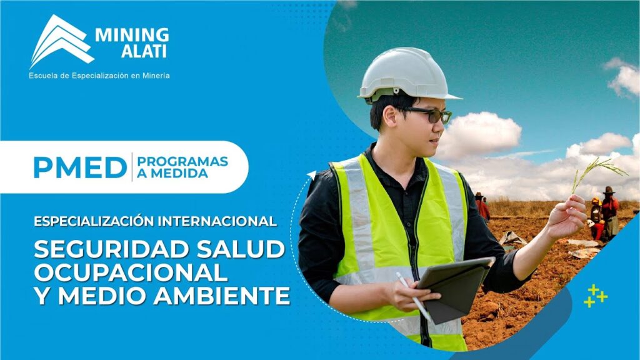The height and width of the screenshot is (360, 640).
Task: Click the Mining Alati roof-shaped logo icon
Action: point(61,41)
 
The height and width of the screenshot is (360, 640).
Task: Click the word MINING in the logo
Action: point(132,35)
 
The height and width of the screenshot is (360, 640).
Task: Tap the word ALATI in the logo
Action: point(144,51)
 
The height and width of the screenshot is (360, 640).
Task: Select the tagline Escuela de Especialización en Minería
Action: point(99,76)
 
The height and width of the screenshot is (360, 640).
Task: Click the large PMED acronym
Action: point(80,167)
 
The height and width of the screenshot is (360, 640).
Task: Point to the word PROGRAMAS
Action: point(182,162)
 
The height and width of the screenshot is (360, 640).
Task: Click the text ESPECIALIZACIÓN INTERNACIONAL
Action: point(155,221)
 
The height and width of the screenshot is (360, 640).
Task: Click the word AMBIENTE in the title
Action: point(222,296)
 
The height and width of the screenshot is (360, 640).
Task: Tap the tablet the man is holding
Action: point(455,288)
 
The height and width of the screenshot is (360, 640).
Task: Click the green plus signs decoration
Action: point(596,296)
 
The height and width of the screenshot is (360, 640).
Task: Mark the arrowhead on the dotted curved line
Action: point(312,175)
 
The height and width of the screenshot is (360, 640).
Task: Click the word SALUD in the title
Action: point(241,249)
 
